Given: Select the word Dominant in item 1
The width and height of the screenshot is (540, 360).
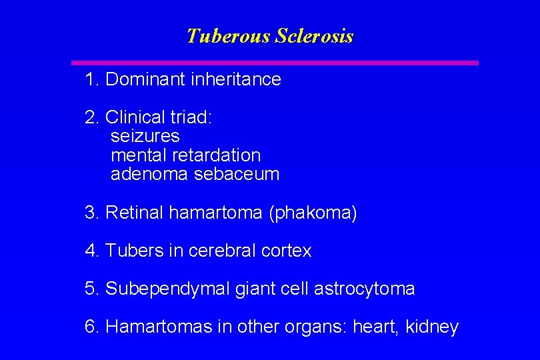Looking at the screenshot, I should point(145,79).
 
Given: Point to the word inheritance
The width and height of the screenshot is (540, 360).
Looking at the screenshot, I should point(236,79).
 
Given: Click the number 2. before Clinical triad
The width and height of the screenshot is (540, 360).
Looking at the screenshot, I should point(93,117).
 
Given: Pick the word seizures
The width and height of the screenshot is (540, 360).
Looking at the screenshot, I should point(145,136).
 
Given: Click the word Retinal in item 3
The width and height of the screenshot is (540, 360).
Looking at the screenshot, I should point(135,213).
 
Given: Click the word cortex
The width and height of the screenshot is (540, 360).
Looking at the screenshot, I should point(287,251).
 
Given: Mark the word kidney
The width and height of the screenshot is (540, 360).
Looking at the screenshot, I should point(433,327).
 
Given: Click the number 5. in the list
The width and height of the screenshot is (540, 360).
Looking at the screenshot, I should point(93,289).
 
